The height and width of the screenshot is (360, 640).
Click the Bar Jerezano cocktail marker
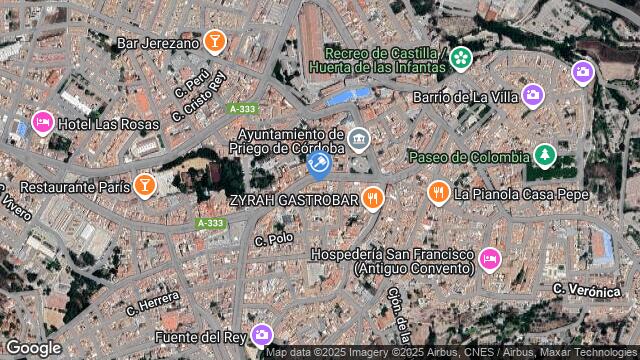[214, 41]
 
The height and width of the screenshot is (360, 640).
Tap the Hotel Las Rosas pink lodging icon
[42, 122]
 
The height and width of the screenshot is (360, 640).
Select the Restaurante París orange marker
[146, 185]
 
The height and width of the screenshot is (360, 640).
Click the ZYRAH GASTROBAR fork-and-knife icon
[373, 198]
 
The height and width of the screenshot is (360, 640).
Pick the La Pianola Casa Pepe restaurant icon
[438, 192]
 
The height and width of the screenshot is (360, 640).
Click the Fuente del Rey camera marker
[263, 334]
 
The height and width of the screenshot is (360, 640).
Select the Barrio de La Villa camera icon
[533, 96]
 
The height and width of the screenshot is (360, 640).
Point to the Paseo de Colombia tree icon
[544, 156]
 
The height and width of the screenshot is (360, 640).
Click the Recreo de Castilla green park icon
[460, 59]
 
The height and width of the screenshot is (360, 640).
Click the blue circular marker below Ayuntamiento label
[320, 164]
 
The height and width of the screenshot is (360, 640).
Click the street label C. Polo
[274, 240]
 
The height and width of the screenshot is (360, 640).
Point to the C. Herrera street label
[152, 303]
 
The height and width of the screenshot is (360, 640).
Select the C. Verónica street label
[588, 288]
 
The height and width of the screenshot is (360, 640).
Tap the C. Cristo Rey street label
[198, 95]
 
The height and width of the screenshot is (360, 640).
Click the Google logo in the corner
[33, 347]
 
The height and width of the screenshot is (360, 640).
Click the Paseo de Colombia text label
[468, 157]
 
